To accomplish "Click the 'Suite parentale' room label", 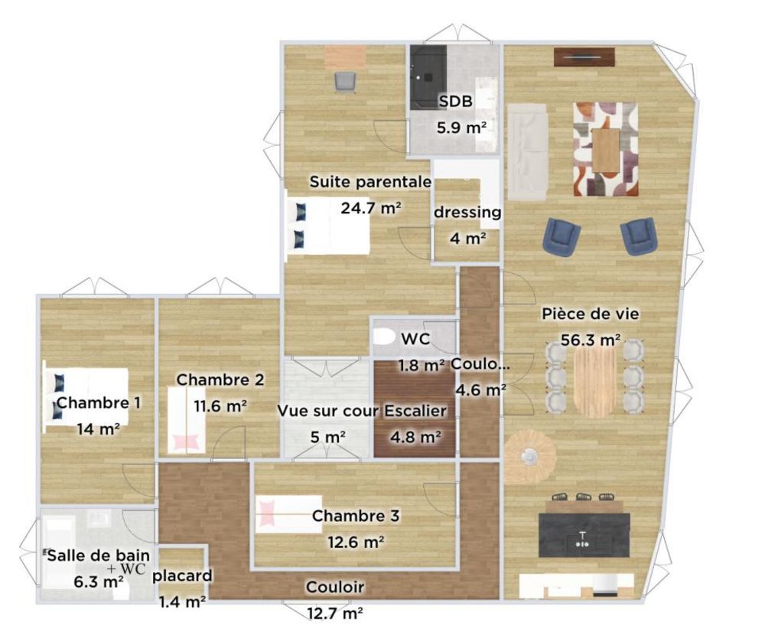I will click(x=370, y=183).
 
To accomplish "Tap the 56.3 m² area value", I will click(x=590, y=340).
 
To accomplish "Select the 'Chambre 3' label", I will click(x=356, y=516).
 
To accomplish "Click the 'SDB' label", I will click(x=456, y=103).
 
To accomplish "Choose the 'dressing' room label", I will click(x=467, y=212).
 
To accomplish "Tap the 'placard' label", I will click(x=182, y=575).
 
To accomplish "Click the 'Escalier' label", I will click(x=415, y=412).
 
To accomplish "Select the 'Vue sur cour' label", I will click(x=328, y=412).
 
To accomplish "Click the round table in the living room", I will click(x=529, y=457).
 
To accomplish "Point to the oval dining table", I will click(x=594, y=376).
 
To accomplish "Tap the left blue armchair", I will click(x=562, y=236).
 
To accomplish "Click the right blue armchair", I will click(x=638, y=236).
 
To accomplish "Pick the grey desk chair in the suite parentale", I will click(x=345, y=81).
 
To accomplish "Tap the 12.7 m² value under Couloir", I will click(x=335, y=613).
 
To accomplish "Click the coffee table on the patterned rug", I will click(x=606, y=149).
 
